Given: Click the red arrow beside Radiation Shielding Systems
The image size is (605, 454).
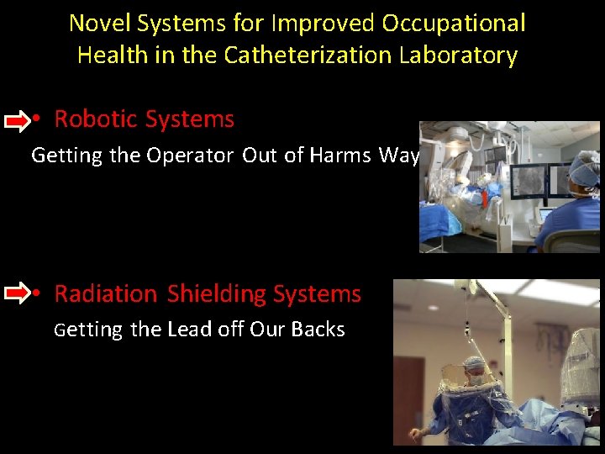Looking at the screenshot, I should [16, 294].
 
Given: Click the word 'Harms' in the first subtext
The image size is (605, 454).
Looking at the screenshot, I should [339, 156].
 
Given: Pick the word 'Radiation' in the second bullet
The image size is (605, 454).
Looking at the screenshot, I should [106, 293].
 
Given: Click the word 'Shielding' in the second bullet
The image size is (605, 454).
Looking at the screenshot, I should [203, 293].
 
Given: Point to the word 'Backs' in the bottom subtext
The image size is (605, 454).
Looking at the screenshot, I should [317, 329].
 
